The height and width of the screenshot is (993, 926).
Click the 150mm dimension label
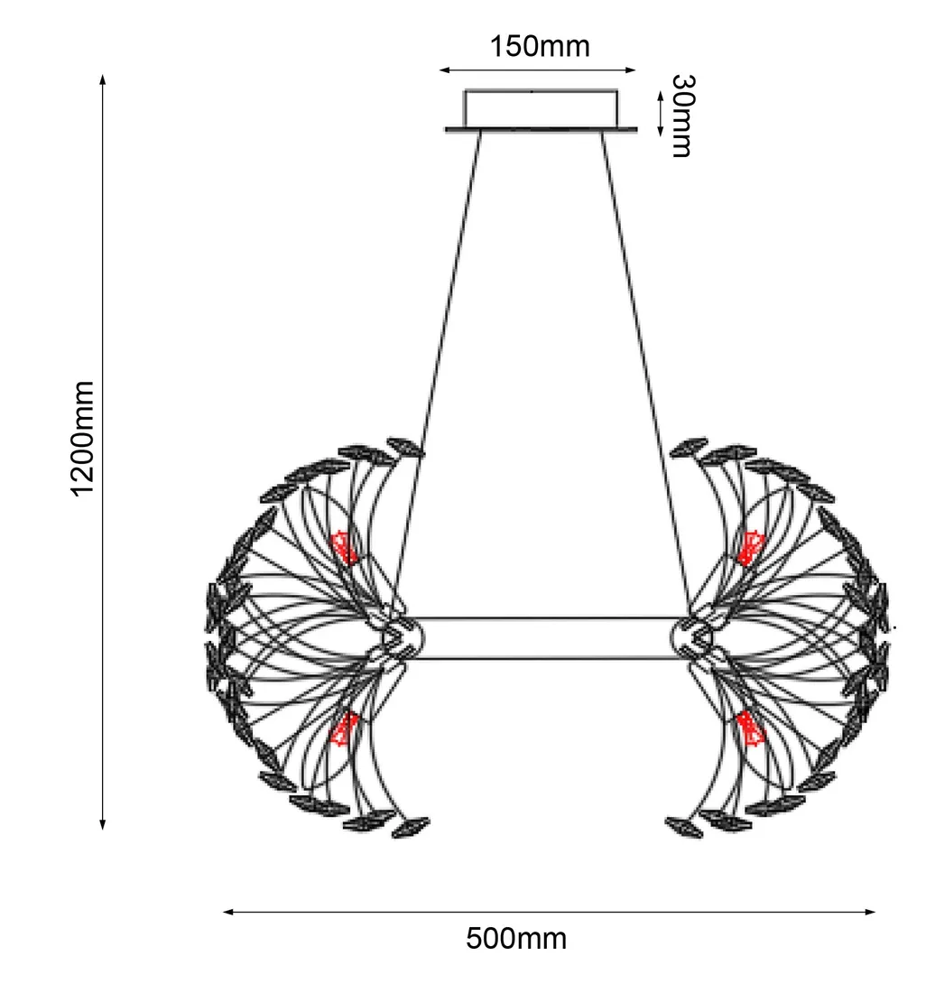[x=540, y=46]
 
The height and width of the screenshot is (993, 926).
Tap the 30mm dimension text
[x=682, y=116]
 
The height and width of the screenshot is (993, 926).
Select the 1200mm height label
[x=83, y=440]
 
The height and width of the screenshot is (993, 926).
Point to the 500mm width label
[x=516, y=939]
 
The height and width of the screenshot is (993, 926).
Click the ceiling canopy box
[x=541, y=110]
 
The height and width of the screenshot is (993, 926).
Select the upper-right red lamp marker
[x=751, y=549]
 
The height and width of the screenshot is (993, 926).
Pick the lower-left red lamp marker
[x=345, y=729]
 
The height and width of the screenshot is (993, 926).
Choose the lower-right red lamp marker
[x=751, y=729]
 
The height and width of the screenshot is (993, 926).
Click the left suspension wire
[x=437, y=374]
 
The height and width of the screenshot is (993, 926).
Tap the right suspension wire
[x=645, y=374]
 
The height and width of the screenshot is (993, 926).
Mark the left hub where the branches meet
[x=401, y=637]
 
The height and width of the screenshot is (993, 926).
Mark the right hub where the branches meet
[x=694, y=637]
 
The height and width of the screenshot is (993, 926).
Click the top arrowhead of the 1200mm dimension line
[x=103, y=79]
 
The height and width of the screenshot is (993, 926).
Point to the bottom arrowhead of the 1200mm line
[x=103, y=824]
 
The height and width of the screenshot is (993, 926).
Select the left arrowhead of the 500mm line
[x=228, y=912]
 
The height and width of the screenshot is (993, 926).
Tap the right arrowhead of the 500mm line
[x=870, y=912]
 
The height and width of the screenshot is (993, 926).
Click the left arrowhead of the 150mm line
[x=444, y=70]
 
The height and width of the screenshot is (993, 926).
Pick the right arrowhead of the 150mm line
[x=630, y=70]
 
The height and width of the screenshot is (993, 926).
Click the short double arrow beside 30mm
[x=660, y=114]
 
